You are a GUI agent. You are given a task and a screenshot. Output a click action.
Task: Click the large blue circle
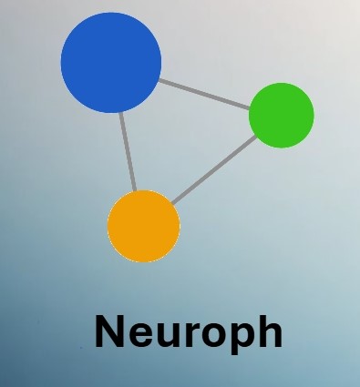(111, 62)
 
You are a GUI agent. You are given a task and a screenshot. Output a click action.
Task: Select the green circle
(282, 115)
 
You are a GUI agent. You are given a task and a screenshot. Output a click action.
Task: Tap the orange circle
(144, 226)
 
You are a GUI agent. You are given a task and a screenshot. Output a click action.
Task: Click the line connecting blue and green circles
(205, 94)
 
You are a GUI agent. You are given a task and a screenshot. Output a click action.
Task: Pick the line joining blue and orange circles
(128, 151)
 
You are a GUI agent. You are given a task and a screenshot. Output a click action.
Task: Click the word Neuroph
(188, 332)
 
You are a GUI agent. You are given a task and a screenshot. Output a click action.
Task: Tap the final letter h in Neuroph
(267, 331)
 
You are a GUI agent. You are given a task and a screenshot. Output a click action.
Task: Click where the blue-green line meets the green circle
(251, 107)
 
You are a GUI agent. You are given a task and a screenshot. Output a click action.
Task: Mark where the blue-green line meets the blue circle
(159, 80)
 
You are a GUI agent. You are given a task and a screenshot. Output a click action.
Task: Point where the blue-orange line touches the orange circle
(136, 191)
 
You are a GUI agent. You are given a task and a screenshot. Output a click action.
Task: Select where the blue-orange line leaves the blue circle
(120, 112)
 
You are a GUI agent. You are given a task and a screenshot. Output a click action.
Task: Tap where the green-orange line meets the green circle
(258, 136)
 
